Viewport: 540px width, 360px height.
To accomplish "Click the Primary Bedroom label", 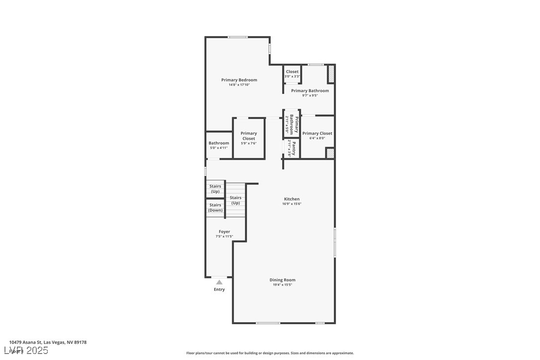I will coord(239,80).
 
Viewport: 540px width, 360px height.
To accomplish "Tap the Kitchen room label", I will coord(292,199).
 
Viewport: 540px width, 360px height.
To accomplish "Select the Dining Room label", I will coord(282,280).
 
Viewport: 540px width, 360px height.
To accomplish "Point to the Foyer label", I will coord(224,232).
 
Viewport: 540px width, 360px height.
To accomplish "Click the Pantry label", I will coord(294,148).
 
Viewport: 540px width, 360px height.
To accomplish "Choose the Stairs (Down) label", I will coord(215,207).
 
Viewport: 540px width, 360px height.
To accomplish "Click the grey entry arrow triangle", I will coord(219,282).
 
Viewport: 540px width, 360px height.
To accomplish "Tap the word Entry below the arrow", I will coord(219,289).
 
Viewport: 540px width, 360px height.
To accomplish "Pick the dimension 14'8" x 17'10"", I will coord(239,85).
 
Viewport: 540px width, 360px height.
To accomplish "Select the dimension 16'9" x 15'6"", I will coord(292,204).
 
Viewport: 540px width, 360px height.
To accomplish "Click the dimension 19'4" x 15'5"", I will coord(282,285).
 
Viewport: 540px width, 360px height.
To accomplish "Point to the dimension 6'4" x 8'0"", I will coord(317,138).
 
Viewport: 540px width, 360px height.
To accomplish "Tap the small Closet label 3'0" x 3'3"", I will coord(292,74).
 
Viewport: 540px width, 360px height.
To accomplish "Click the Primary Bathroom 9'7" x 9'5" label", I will coord(310,92).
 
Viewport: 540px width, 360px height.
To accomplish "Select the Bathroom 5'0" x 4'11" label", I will coord(219,145).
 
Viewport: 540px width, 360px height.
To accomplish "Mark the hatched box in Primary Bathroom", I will coord(331,75).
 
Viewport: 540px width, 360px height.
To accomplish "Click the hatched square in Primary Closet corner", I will coord(330,154).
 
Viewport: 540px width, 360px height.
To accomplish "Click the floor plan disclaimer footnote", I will coord(270,353).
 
